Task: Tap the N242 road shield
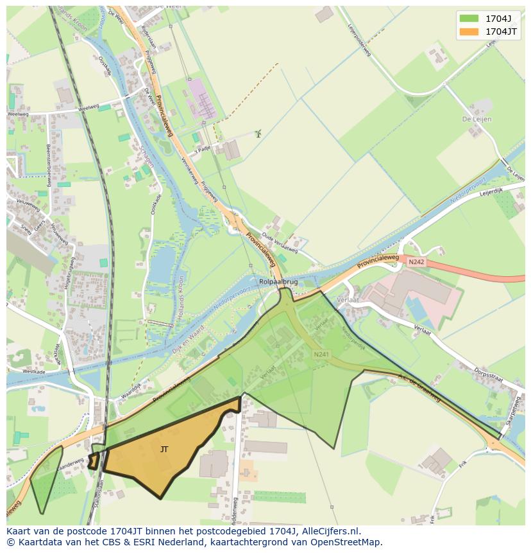pyautogui.click(x=416, y=261)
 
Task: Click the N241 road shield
pyautogui.click(x=321, y=354)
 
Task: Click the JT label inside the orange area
pyautogui.click(x=164, y=450)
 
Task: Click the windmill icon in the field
pyautogui.click(x=258, y=134)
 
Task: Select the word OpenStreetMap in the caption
pyautogui.click(x=347, y=542)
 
